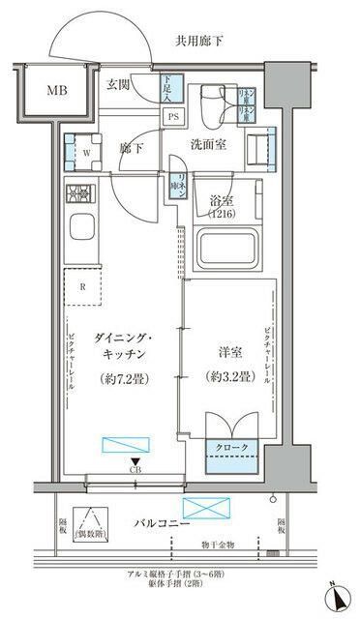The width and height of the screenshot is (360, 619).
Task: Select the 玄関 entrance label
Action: (x=120, y=84)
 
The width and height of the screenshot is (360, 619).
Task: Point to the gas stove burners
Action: (x=78, y=193)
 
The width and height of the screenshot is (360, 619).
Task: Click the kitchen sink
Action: (x=78, y=234)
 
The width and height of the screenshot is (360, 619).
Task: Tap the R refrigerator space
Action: (x=83, y=286)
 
